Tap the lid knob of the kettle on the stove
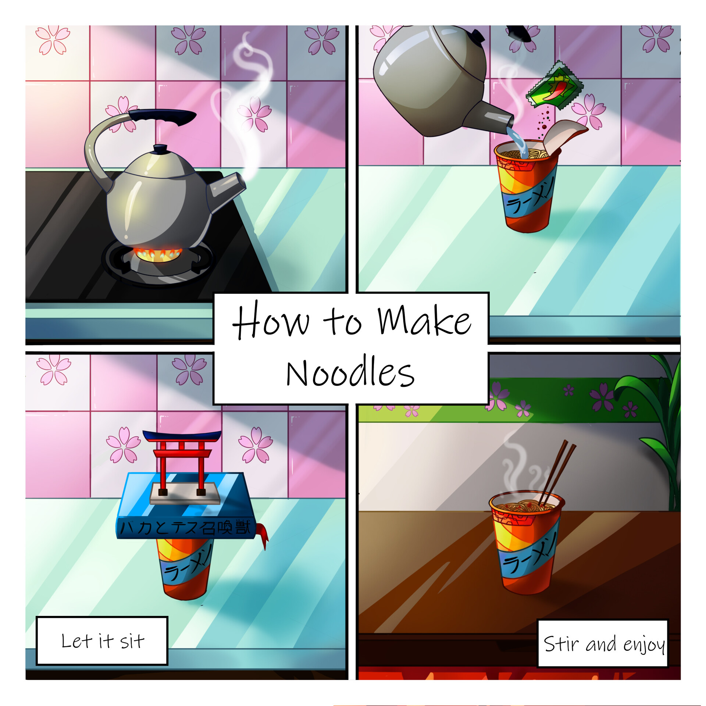point(160,149)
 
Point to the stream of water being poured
point(518,142)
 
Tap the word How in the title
point(271,320)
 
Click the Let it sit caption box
point(102,641)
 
